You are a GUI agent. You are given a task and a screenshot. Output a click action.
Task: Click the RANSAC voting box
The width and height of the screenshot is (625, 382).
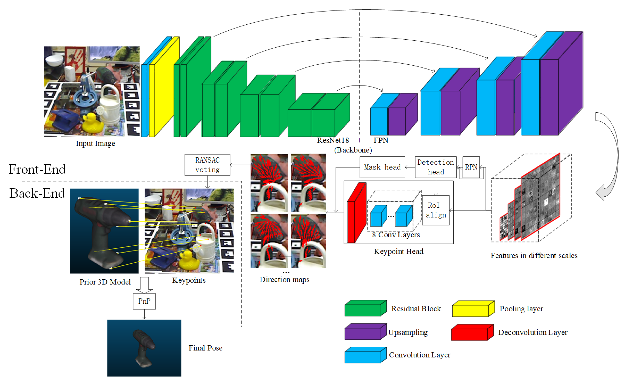click(x=207, y=165)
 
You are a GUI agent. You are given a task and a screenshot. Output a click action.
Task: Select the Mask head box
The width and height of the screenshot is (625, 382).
click(x=382, y=167)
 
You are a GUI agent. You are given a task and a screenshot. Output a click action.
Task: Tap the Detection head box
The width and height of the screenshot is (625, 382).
click(x=436, y=167)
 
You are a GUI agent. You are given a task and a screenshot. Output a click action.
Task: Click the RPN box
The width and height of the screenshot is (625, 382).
click(x=471, y=167)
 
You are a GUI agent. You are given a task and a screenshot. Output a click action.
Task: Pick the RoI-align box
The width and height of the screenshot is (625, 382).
click(x=436, y=210)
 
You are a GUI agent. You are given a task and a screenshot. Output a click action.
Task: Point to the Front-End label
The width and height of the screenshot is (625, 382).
click(x=37, y=169)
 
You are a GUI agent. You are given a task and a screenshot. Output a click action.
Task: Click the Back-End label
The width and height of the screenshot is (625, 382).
click(x=37, y=193)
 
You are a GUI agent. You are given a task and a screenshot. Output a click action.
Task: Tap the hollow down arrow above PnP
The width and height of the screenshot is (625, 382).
click(x=144, y=285)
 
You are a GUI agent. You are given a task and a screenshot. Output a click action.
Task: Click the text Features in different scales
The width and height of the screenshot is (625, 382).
click(x=533, y=255)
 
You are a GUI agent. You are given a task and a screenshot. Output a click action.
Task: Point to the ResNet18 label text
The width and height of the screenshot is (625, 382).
click(x=333, y=140)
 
